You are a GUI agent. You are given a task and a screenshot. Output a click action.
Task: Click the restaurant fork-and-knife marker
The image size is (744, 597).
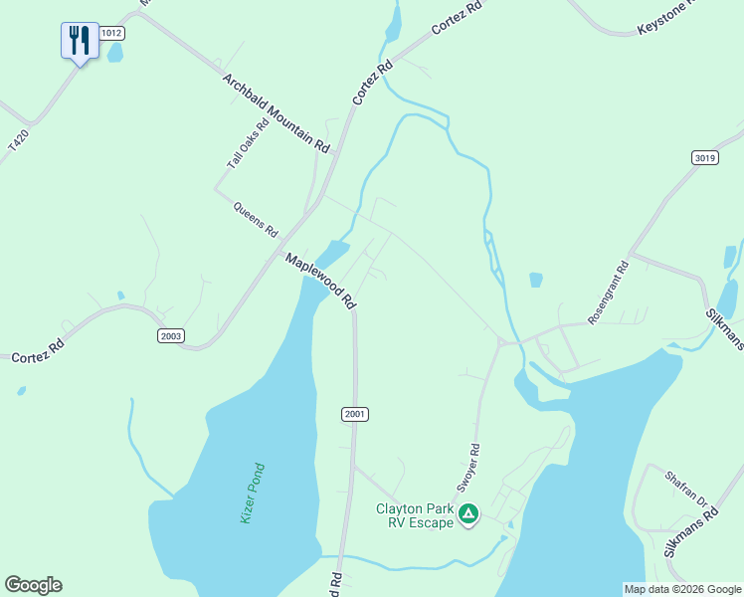click(x=80, y=41)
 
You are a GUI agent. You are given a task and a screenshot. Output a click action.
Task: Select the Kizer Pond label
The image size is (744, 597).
click(x=254, y=494)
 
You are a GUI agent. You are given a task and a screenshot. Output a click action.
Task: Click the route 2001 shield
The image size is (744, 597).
click(x=355, y=414)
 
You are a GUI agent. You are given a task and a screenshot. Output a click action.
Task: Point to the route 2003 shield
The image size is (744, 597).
click(x=170, y=336)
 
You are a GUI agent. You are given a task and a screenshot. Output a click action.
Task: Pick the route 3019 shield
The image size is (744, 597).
click(x=704, y=158)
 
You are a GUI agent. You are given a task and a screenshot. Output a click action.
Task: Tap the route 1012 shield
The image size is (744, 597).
click(x=111, y=33)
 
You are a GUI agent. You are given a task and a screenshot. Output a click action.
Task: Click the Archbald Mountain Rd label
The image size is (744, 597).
click(x=276, y=112)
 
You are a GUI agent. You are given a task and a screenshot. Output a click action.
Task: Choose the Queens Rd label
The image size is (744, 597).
click(x=256, y=219)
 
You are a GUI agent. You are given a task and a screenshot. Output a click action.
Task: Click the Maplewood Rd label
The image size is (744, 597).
click(x=320, y=280)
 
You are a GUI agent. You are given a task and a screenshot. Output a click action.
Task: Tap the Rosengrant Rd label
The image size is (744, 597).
click(x=609, y=293)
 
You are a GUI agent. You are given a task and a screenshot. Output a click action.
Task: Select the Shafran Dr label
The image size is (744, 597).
click(x=685, y=490)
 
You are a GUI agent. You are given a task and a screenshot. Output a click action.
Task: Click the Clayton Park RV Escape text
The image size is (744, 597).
click(x=414, y=515)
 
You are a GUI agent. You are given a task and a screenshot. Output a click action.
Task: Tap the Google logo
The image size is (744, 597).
click(x=33, y=585)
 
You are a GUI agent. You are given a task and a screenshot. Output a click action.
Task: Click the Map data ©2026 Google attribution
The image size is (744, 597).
click(x=682, y=589)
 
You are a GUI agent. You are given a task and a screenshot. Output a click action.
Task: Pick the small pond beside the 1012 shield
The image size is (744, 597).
click(x=114, y=53)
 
